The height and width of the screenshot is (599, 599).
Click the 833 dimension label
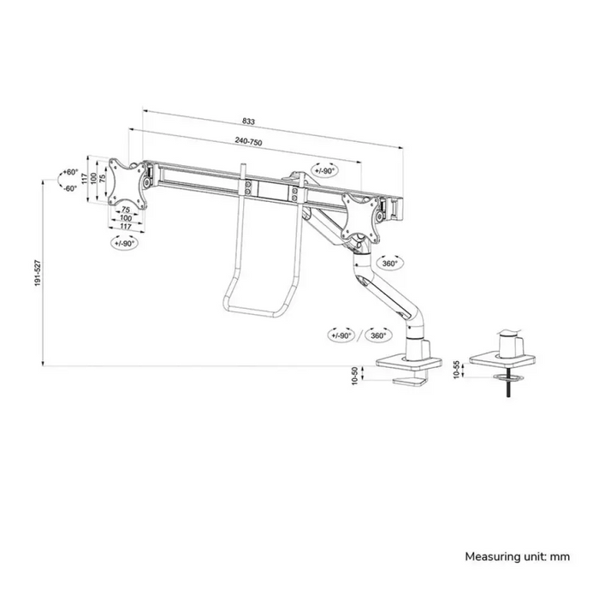248,122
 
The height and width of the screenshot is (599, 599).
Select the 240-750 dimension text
248,141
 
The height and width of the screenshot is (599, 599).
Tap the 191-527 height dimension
38,273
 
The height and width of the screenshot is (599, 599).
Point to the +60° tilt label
71,172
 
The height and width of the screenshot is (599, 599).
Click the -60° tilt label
70,188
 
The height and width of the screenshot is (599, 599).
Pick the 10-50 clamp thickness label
355,376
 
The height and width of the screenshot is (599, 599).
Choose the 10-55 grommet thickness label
456,370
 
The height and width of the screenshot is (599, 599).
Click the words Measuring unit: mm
517,556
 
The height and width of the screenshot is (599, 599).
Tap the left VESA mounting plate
128,184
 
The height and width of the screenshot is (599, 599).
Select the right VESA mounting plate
361,218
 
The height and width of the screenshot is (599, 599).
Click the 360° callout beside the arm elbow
389,264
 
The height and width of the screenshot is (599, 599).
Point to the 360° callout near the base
378,335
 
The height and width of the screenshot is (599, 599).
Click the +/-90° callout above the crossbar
325,170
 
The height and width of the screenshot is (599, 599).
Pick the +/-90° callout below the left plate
124,242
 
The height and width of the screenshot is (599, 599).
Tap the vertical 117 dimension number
84,178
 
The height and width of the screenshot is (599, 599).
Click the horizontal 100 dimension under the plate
126,218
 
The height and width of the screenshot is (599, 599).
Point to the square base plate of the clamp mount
409,364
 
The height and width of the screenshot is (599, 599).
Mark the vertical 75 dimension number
103,178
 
